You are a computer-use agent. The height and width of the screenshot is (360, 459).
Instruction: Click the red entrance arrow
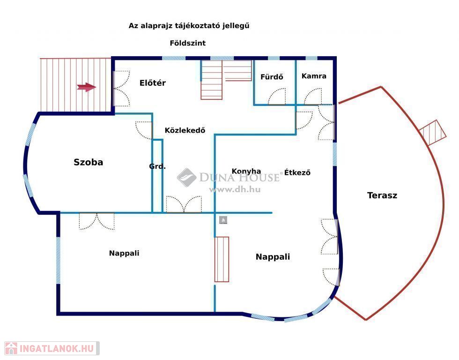point(86,87)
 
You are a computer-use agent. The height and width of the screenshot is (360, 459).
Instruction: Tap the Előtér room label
point(153,83)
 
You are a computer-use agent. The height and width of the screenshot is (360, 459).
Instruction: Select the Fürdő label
point(272,77)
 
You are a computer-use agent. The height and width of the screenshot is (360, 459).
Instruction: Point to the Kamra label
point(314,76)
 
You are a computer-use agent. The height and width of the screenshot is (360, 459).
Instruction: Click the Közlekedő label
point(185,130)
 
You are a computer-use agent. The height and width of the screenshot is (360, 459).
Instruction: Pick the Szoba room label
point(88,162)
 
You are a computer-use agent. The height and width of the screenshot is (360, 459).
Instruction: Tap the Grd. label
point(157,166)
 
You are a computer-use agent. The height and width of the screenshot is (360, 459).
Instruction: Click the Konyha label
point(246,171)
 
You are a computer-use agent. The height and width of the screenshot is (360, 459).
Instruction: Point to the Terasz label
point(382,195)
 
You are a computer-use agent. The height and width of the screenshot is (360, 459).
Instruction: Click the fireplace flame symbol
point(223,220)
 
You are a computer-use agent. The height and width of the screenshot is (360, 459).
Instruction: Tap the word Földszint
point(188,43)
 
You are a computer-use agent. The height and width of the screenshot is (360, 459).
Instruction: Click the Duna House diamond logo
point(186,177)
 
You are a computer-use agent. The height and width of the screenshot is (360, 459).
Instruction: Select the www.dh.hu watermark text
point(235,189)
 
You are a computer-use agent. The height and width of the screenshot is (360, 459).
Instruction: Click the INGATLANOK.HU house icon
point(11,348)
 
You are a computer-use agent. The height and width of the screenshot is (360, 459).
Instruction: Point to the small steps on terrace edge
point(433,132)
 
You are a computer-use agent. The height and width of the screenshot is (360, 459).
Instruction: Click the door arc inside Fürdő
point(276,96)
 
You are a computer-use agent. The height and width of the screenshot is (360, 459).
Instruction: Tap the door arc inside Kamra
point(313,97)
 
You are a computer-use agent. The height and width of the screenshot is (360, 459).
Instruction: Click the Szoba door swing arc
point(143,130)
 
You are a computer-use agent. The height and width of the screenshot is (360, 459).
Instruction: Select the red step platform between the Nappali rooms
point(222,259)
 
